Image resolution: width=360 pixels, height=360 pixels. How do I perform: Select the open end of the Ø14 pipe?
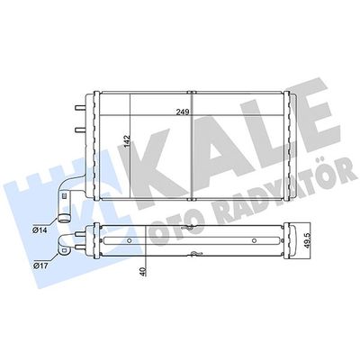(64, 216)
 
